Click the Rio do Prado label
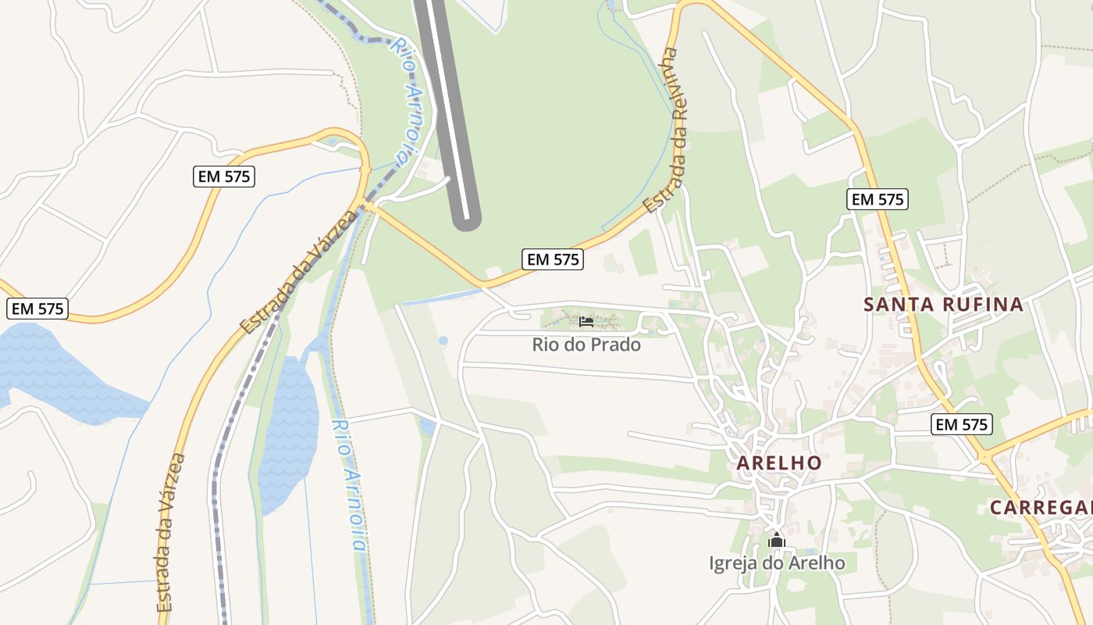pyautogui.click(x=586, y=345)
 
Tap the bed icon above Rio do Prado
pyautogui.click(x=586, y=321)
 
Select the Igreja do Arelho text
pyautogui.click(x=776, y=562)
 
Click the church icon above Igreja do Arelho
pyautogui.click(x=776, y=540)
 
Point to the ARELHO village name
pyautogui.click(x=779, y=462)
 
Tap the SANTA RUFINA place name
pyautogui.click(x=943, y=305)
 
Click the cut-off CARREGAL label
pyautogui.click(x=1041, y=508)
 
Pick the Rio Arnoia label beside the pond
pyautogui.click(x=348, y=484)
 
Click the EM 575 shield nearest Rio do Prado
pyautogui.click(x=553, y=259)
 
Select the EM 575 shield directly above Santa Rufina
pyautogui.click(x=878, y=199)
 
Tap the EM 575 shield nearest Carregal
pyautogui.click(x=962, y=425)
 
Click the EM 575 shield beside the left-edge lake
pyautogui.click(x=37, y=309)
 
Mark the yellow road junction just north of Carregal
pyautogui.click(x=985, y=455)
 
